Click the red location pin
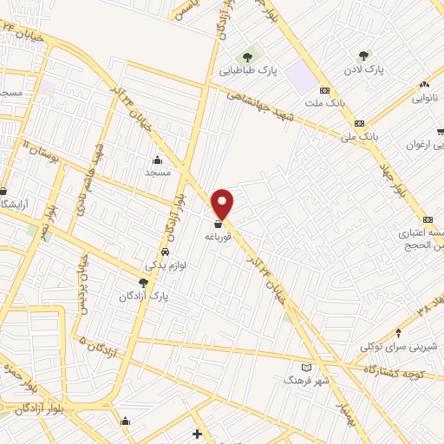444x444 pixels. tap(223, 202)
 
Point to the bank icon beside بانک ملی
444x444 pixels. tap(359, 123)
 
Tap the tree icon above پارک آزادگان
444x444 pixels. tap(143, 283)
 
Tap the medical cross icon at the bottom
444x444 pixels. tap(198, 434)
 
